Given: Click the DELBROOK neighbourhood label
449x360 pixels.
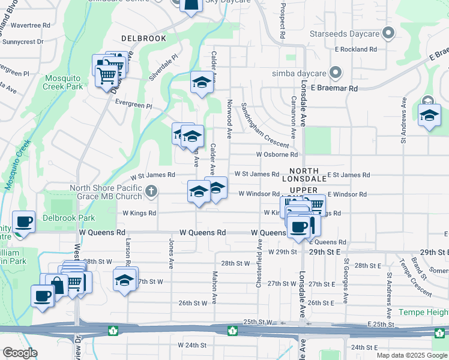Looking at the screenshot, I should click(x=143, y=38).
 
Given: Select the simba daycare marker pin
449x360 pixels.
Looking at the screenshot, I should click(x=335, y=73).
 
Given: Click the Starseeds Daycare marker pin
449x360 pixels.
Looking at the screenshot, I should click(x=388, y=33).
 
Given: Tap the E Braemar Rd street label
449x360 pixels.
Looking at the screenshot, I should click(x=337, y=88).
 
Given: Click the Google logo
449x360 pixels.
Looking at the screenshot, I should click(x=20, y=353).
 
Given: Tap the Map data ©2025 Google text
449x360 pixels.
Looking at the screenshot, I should click(x=412, y=355).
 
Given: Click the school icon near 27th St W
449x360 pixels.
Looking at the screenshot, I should click(x=124, y=280).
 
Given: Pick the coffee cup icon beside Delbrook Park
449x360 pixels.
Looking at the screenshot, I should click(x=23, y=222).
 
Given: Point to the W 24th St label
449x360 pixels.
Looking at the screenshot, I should click(x=191, y=346).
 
